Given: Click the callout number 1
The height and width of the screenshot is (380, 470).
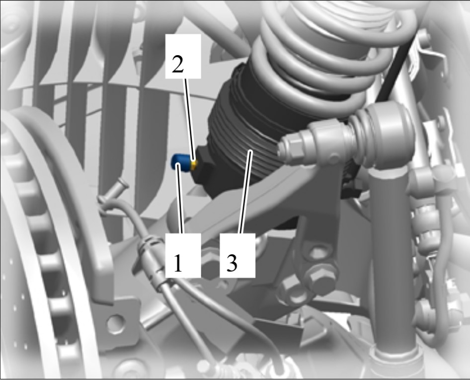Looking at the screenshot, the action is tap(178, 263).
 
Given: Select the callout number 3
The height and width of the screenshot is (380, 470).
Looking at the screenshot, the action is tap(232, 263).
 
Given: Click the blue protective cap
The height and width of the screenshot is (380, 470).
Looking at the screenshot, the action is tap(179, 162).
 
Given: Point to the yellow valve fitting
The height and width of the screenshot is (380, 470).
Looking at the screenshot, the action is tap(195, 164).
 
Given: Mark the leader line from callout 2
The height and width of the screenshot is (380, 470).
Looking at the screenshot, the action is tap(190, 120).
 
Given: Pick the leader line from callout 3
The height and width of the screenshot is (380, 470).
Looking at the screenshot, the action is tap(245, 192).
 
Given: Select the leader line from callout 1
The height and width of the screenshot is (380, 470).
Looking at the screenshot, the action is tap(180, 198).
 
